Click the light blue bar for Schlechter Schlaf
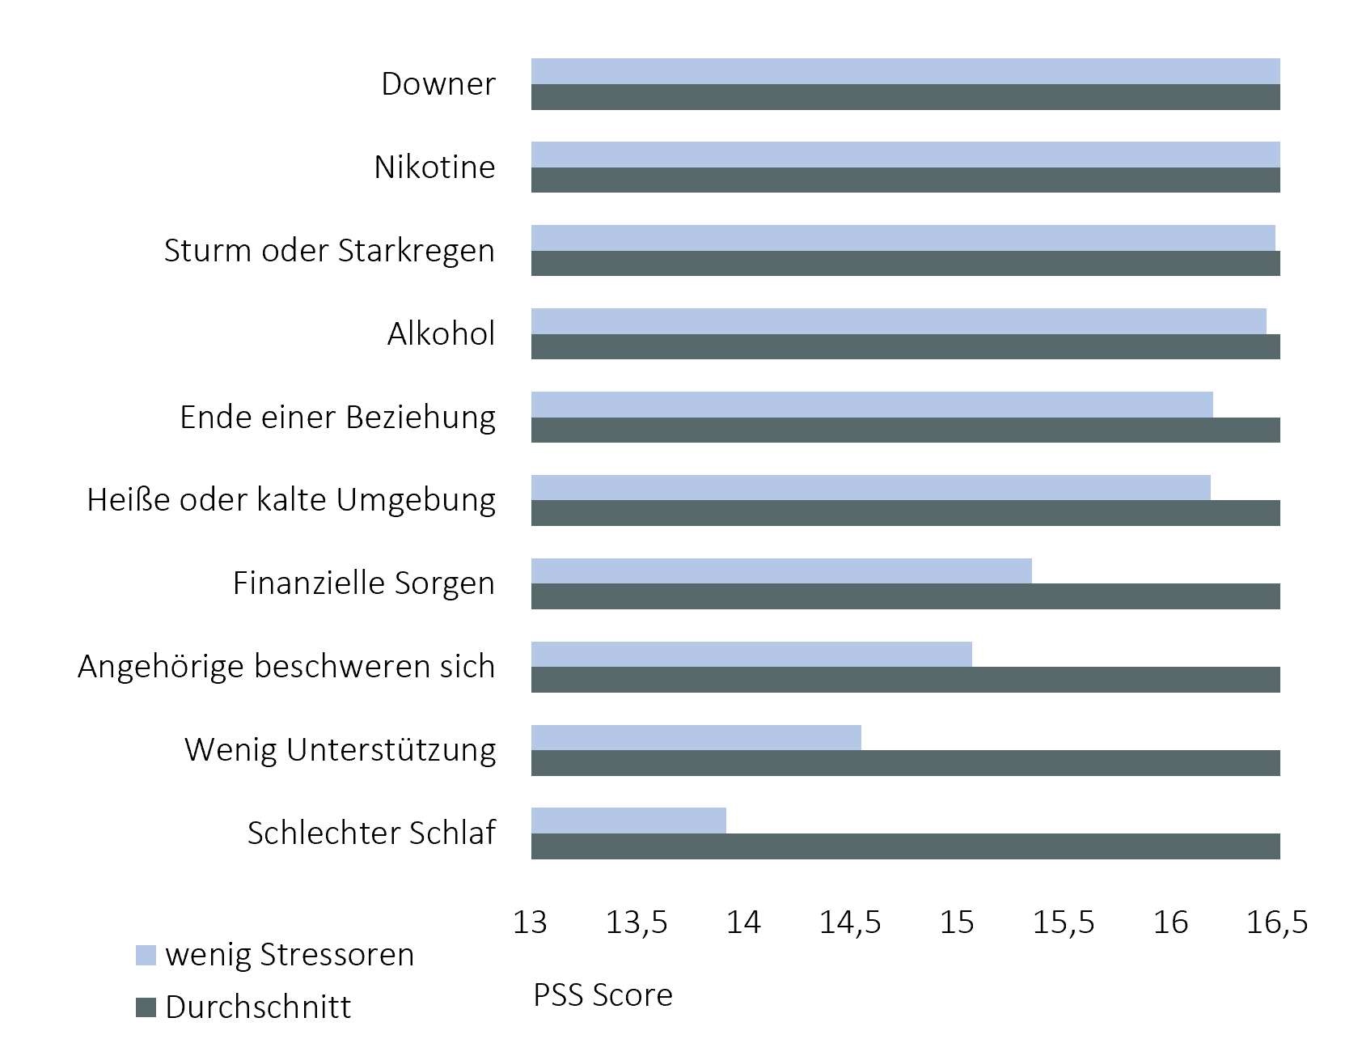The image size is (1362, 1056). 628,821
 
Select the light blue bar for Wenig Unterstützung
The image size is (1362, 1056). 696,737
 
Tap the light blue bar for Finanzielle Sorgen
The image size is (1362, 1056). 781,570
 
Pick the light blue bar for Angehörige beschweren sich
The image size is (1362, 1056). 751,654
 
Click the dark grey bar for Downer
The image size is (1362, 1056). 905,97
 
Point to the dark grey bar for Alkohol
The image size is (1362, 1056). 905,346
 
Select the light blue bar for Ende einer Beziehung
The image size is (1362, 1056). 872,405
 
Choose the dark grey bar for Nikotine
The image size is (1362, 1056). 905,180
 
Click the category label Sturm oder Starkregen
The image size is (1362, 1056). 329,250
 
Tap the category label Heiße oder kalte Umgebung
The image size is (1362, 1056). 290,500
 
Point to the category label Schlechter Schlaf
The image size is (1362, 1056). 371,833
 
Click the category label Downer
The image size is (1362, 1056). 438,84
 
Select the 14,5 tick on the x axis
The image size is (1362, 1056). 850,922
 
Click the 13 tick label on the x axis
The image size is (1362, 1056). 531,922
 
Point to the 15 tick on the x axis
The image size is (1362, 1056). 958,922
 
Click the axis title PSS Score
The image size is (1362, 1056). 603,995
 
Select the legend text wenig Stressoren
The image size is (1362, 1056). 289,955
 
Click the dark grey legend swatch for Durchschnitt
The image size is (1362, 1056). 146,1007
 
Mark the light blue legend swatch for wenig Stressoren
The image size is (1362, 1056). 146,955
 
